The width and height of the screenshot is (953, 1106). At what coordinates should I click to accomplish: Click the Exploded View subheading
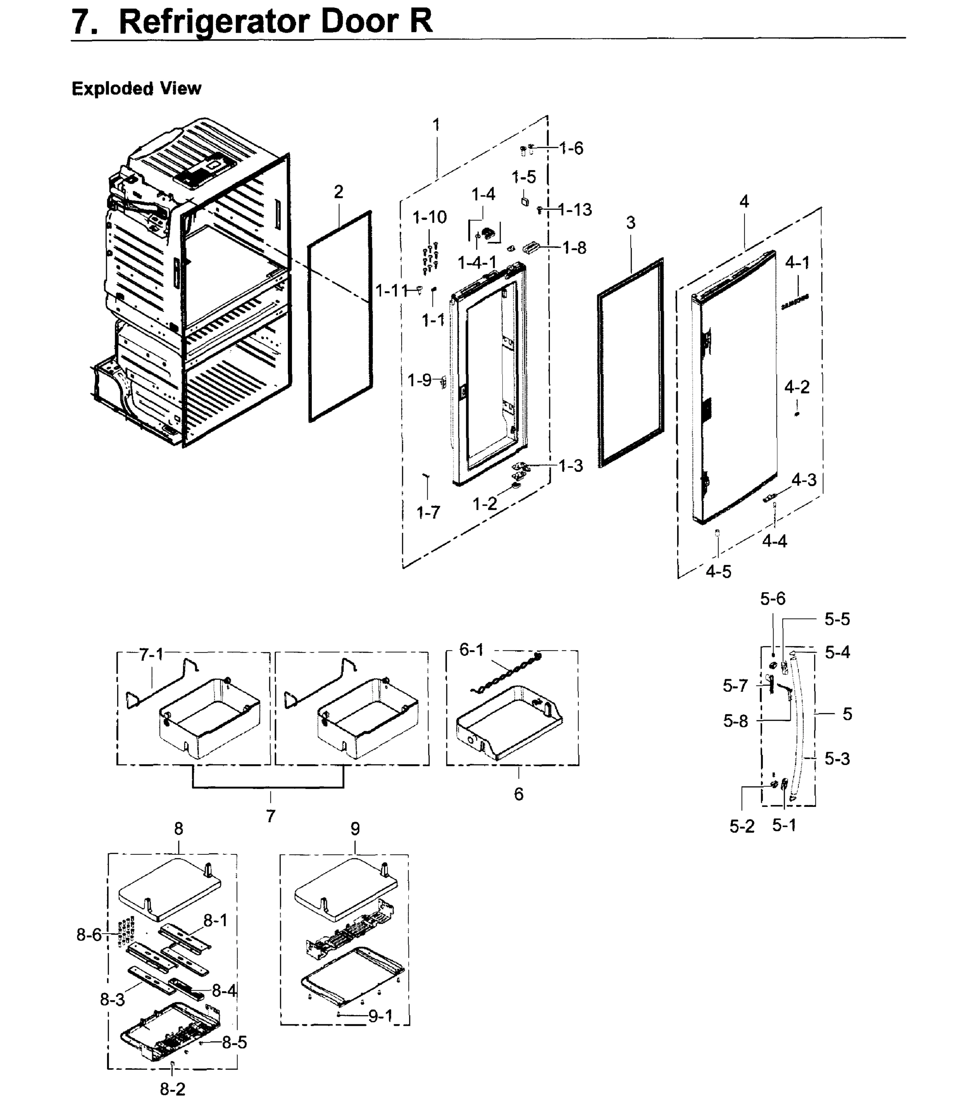click(x=136, y=88)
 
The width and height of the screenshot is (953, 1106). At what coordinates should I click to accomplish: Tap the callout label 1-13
click(x=575, y=210)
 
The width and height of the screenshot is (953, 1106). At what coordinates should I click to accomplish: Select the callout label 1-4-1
click(x=477, y=263)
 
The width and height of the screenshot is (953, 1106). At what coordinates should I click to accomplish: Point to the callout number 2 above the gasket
click(x=338, y=192)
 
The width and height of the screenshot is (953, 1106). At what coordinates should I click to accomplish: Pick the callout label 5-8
click(x=736, y=721)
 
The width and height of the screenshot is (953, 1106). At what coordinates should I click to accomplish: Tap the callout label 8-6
click(x=89, y=935)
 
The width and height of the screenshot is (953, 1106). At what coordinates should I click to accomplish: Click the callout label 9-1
click(x=381, y=1016)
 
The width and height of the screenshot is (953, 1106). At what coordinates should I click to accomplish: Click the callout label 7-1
click(x=151, y=654)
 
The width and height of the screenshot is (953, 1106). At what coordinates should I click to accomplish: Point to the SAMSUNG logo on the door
click(x=794, y=302)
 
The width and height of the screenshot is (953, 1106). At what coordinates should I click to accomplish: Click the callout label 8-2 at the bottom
click(x=173, y=1089)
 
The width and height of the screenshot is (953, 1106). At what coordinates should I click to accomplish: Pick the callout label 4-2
click(x=797, y=387)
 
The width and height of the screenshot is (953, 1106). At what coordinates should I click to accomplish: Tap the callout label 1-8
click(x=574, y=247)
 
